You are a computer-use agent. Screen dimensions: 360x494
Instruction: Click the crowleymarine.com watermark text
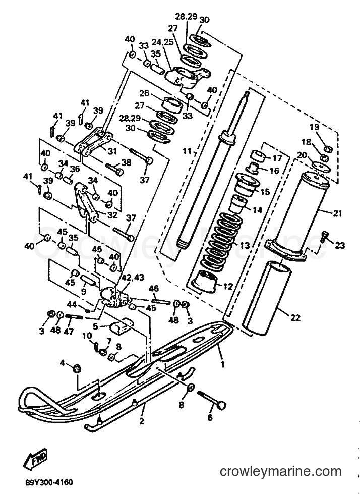point(280,472)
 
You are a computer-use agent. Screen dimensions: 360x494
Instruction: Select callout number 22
point(295,318)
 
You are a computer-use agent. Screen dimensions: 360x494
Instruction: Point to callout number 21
point(337,213)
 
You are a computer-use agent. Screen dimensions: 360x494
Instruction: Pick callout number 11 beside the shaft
point(188,151)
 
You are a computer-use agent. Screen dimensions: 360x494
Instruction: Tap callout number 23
point(340,245)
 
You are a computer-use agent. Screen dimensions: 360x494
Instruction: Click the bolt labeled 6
point(211,399)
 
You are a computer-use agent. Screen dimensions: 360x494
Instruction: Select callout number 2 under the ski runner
point(141,421)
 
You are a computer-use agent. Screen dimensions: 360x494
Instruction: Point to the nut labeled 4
point(78,368)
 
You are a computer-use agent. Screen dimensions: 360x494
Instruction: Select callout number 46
point(154,289)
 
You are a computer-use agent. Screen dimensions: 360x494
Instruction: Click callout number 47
point(70,332)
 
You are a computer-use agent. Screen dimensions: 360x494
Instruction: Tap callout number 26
point(144,93)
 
